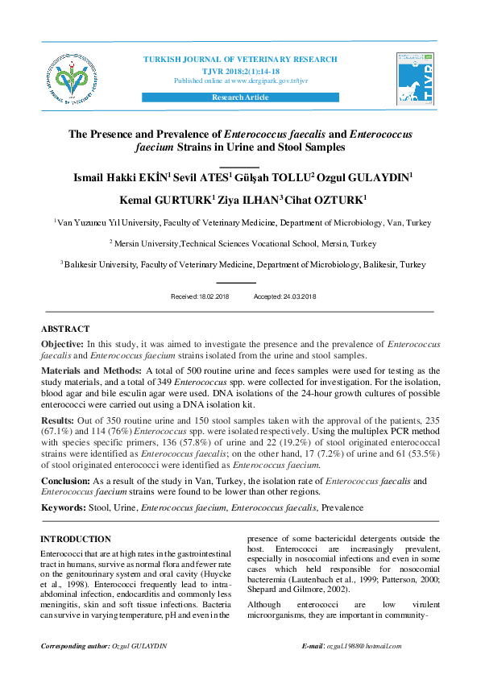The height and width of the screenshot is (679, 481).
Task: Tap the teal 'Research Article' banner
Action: [239, 97]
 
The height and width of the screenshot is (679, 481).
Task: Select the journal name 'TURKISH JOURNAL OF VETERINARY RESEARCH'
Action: [240, 60]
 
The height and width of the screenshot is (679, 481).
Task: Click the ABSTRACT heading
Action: [65, 329]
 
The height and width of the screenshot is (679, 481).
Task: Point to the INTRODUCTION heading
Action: [76, 539]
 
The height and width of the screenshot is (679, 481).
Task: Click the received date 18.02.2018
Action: [214, 297]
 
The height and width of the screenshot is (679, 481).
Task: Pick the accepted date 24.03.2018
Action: [296, 297]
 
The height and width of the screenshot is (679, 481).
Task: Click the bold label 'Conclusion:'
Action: [67, 481]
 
